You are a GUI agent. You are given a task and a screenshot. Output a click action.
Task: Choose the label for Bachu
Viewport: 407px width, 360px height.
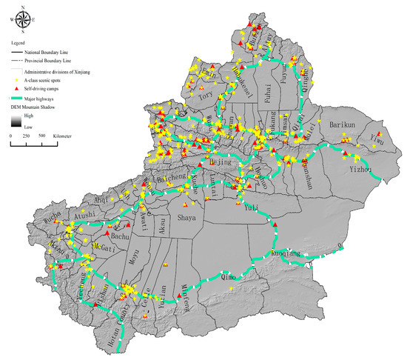[122, 237]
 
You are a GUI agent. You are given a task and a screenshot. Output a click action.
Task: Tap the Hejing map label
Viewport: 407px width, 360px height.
[222, 161]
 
